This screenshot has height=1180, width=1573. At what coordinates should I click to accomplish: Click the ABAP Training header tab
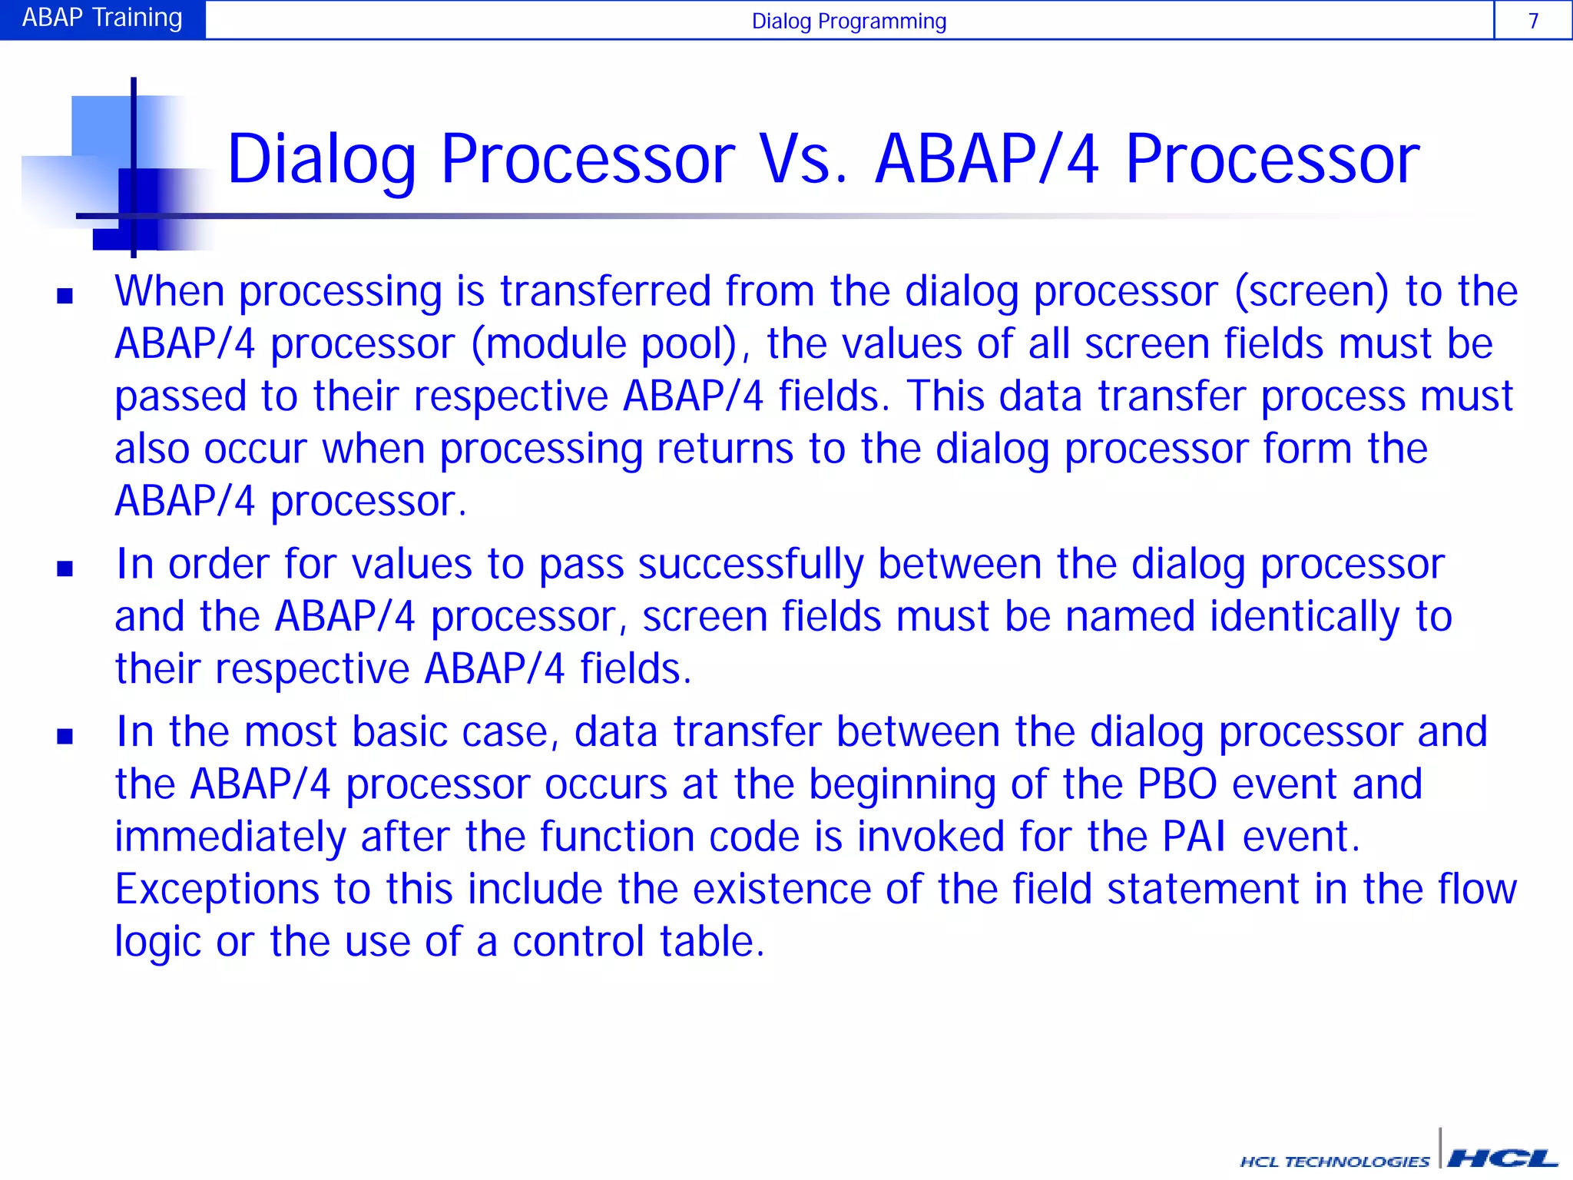click(x=102, y=18)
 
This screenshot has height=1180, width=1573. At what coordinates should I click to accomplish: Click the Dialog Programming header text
click(x=849, y=21)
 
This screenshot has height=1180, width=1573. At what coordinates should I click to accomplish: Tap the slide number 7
click(x=1533, y=21)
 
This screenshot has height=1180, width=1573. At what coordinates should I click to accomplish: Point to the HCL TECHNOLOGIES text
click(x=1335, y=1162)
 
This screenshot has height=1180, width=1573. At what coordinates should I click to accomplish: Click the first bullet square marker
click(x=65, y=296)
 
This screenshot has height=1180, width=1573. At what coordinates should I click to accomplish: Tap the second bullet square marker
click(x=65, y=568)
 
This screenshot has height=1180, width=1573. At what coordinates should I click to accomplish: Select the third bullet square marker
click(x=65, y=736)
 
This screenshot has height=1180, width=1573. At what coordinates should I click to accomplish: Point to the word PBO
click(x=1177, y=784)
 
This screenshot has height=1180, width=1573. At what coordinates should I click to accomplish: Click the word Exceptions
click(x=217, y=890)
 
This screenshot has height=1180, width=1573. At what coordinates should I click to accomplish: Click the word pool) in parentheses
click(x=695, y=344)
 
